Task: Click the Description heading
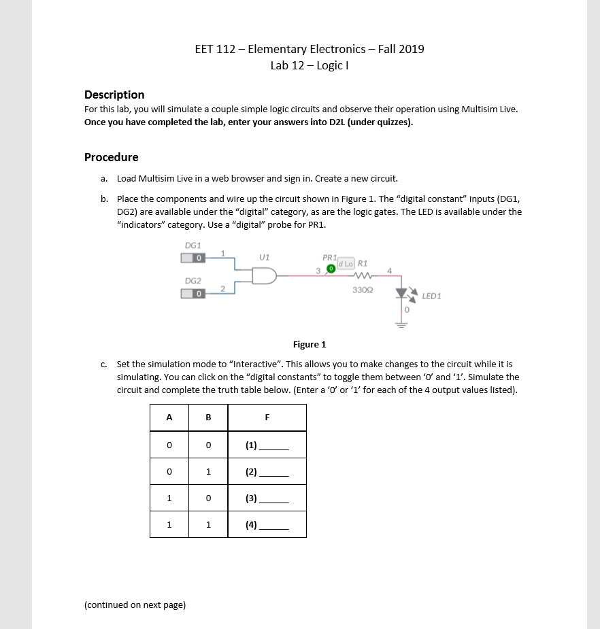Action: click(114, 95)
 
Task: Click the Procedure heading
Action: click(111, 157)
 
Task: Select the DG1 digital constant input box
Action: click(193, 258)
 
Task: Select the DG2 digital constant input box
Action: click(193, 293)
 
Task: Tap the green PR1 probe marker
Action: click(331, 269)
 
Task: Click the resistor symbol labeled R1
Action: click(361, 275)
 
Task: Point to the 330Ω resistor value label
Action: click(361, 290)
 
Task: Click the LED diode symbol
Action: click(401, 294)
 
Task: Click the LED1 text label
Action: click(432, 296)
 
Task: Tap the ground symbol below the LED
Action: click(401, 324)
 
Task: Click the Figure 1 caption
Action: click(310, 344)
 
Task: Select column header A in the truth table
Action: click(169, 418)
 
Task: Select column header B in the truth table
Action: click(208, 418)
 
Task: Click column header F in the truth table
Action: click(267, 418)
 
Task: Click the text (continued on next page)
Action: click(135, 605)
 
